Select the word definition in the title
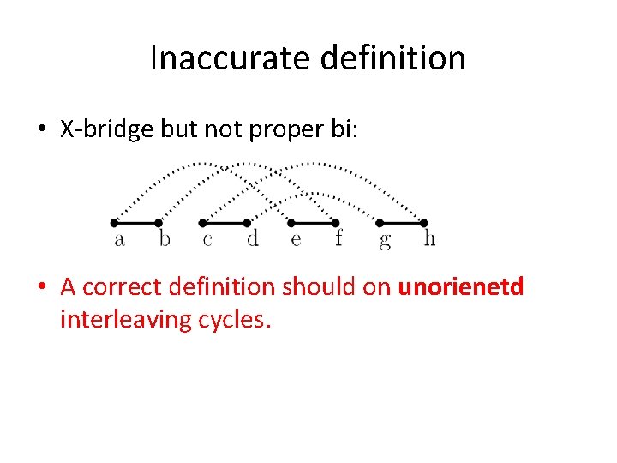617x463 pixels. point(392,59)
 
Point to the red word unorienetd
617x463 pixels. point(461,286)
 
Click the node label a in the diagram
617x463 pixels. point(119,239)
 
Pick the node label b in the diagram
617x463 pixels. point(164,238)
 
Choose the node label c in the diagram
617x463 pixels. point(207,239)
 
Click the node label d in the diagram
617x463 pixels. point(252,238)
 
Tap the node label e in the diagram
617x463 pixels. point(296,239)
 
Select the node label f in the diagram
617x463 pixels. point(338,238)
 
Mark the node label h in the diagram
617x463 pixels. point(429,238)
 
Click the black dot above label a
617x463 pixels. point(114,223)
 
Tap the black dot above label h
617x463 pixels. point(424,223)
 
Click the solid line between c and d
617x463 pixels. point(225,223)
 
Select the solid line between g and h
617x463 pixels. point(402,223)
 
